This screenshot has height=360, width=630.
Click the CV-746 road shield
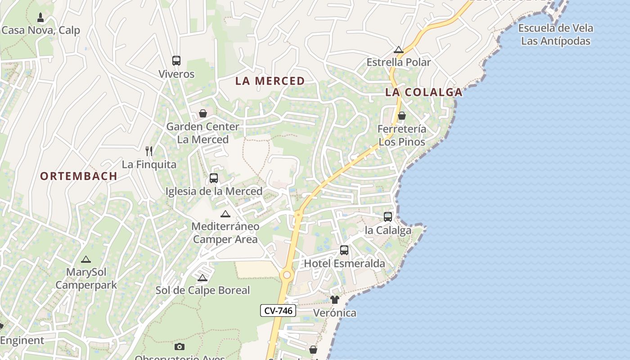click(278, 310)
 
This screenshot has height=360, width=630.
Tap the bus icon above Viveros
click(176, 61)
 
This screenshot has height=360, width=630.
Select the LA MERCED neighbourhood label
click(270, 81)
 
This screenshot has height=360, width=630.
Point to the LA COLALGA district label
click(423, 92)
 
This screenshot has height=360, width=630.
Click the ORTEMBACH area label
click(79, 176)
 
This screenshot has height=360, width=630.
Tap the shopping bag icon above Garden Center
click(203, 113)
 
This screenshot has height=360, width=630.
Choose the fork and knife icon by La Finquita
click(149, 151)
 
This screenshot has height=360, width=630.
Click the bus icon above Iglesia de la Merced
click(214, 178)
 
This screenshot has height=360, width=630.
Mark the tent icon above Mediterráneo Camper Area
click(225, 214)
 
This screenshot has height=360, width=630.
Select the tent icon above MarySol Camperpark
click(86, 259)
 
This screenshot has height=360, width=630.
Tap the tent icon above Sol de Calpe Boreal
click(202, 278)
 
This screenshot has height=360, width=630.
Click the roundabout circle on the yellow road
click(287, 274)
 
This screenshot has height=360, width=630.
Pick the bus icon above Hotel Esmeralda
click(344, 250)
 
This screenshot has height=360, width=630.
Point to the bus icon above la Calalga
click(388, 217)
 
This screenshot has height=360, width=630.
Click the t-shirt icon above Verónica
click(334, 300)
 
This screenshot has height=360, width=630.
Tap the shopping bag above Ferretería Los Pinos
click(402, 116)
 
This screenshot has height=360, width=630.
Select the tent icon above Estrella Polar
click(399, 49)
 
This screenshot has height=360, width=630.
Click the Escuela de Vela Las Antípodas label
click(556, 35)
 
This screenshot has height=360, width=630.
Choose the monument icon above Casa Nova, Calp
click(40, 18)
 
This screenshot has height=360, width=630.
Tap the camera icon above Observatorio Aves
click(180, 346)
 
